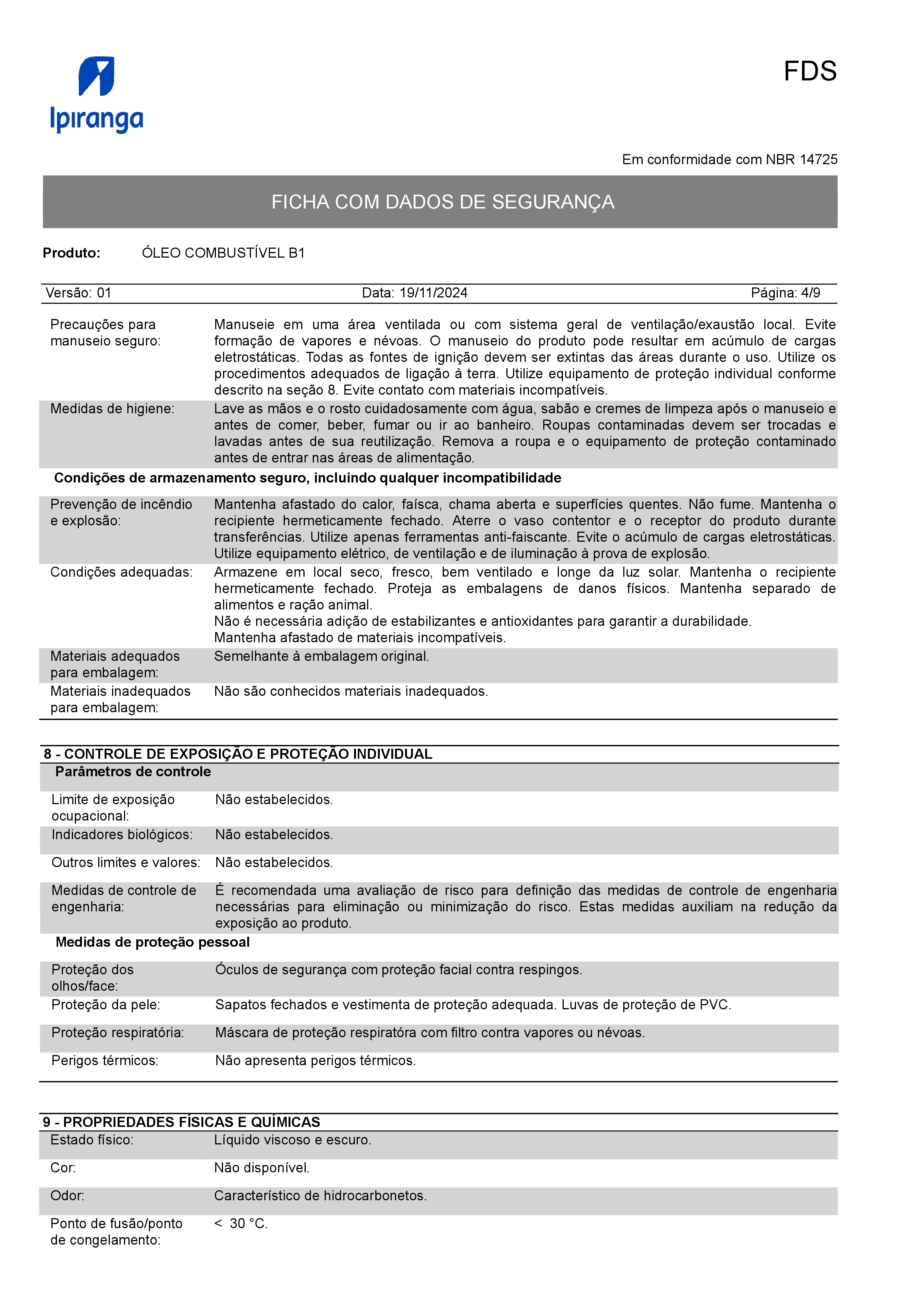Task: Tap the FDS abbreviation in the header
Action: pyautogui.click(x=809, y=72)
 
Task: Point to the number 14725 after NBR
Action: pyautogui.click(x=818, y=160)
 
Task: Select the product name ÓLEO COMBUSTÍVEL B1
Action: pyautogui.click(x=223, y=253)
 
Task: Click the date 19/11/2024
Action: pyautogui.click(x=433, y=293)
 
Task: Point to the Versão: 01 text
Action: pyautogui.click(x=79, y=293)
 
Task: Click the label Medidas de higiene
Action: pyautogui.click(x=112, y=409)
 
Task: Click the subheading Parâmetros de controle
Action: pyautogui.click(x=133, y=772)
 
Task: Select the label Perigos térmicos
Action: pyautogui.click(x=105, y=1061)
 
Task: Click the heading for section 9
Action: pyautogui.click(x=181, y=1122)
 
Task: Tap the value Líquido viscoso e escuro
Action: pyautogui.click(x=292, y=1140)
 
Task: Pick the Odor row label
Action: pyautogui.click(x=67, y=1196)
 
